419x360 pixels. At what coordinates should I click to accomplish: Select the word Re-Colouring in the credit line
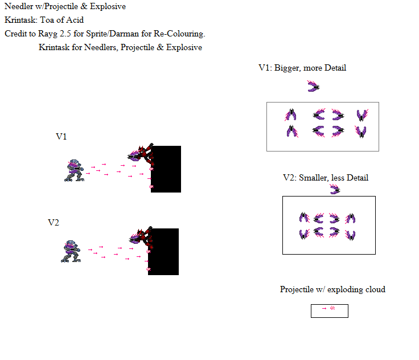coord(178,34)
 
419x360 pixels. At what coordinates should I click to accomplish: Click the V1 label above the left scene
coord(61,137)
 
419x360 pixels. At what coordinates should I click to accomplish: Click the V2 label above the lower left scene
coord(54,222)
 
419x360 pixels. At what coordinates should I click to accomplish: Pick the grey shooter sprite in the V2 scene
coord(72,251)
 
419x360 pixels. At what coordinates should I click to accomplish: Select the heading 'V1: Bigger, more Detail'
coord(302,68)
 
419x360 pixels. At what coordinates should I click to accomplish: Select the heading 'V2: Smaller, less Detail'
coord(325,178)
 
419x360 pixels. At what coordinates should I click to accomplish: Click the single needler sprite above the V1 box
coord(313,86)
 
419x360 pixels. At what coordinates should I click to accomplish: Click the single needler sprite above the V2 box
coord(335,189)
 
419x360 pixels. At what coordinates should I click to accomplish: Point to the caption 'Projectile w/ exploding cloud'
coord(332,289)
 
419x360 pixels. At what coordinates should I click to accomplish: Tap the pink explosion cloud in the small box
coord(332,308)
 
